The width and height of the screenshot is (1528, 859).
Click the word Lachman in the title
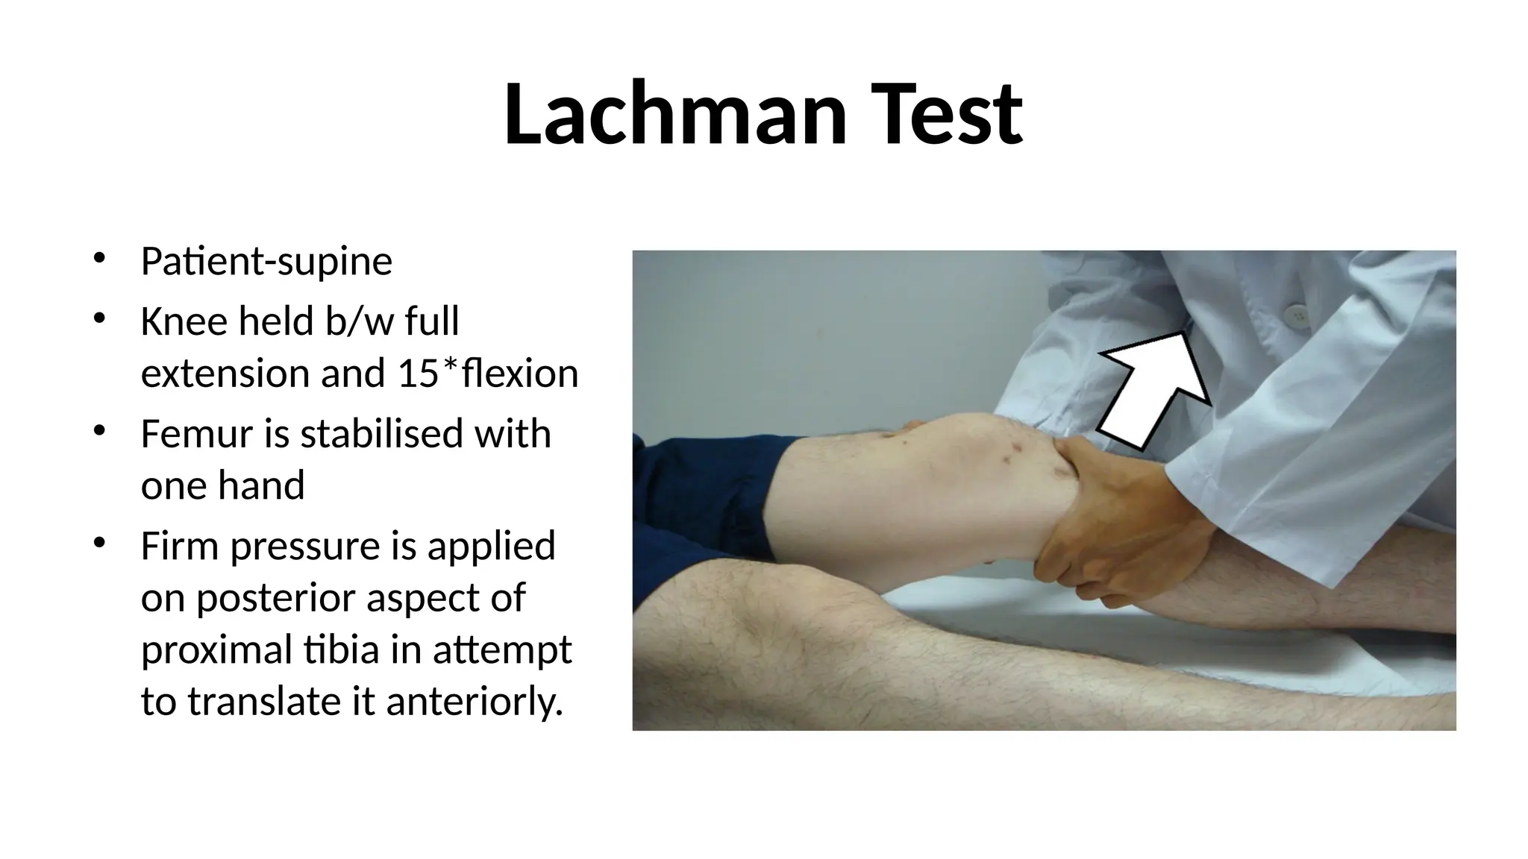[675, 116]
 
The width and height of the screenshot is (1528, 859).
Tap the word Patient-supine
[266, 262]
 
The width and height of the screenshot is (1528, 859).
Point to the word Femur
[196, 434]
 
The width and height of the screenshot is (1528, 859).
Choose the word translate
[263, 702]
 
